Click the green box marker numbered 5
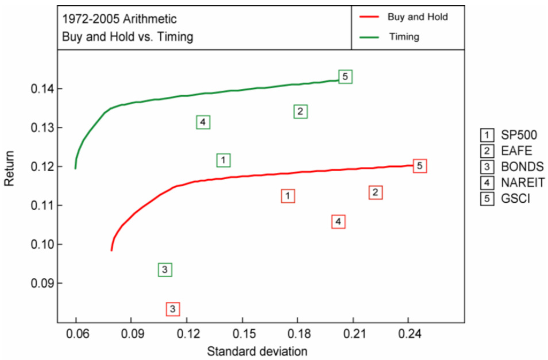pyautogui.click(x=345, y=76)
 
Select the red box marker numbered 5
pyautogui.click(x=420, y=166)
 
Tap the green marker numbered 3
pyautogui.click(x=165, y=269)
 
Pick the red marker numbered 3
pyautogui.click(x=173, y=309)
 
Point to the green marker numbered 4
pyautogui.click(x=203, y=122)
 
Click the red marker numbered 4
pyautogui.click(x=338, y=222)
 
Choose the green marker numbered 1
pyautogui.click(x=223, y=160)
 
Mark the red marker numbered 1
pyautogui.click(x=288, y=196)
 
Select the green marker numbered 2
pyautogui.click(x=300, y=111)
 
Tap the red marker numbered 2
pyautogui.click(x=375, y=192)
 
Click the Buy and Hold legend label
pyautogui.click(x=417, y=17)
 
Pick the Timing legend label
pyautogui.click(x=404, y=37)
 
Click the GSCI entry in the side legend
pyautogui.click(x=515, y=199)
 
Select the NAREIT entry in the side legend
pyautogui.click(x=522, y=183)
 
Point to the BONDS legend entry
pyautogui.click(x=522, y=167)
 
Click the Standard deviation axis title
pyautogui.click(x=257, y=350)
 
